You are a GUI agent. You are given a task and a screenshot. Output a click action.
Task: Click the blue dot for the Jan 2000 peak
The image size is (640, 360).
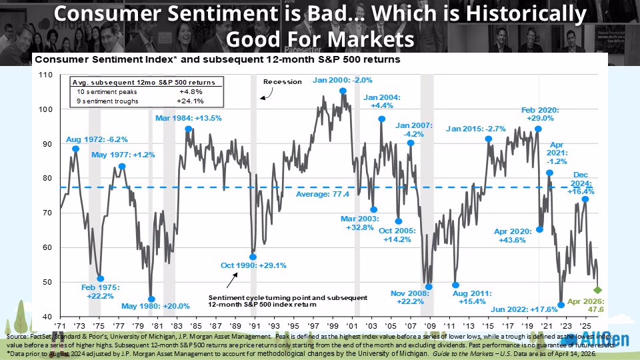click(x=343, y=91)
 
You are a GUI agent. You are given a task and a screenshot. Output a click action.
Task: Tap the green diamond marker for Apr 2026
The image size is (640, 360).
click(x=598, y=290)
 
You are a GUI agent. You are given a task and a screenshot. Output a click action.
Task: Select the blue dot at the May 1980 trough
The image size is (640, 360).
click(x=151, y=299)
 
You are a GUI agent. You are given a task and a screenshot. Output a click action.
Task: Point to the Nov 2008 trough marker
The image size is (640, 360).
click(x=429, y=287)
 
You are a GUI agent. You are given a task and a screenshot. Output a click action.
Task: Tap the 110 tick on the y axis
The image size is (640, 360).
click(x=45, y=74)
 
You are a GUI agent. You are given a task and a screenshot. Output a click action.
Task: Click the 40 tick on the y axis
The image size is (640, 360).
click(x=48, y=316)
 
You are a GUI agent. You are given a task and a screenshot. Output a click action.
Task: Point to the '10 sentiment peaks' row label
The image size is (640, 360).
click(x=105, y=91)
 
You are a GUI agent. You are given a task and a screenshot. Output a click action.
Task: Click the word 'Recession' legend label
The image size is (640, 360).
click(x=283, y=82)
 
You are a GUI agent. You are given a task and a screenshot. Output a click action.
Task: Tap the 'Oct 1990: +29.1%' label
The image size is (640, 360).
click(x=253, y=265)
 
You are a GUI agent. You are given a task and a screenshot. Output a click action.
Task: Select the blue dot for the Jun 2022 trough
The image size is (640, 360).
click(x=561, y=305)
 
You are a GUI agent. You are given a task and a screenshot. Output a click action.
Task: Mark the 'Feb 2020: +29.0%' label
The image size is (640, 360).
click(x=538, y=113)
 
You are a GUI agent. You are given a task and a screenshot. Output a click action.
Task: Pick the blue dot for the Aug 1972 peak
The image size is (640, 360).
click(x=75, y=149)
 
